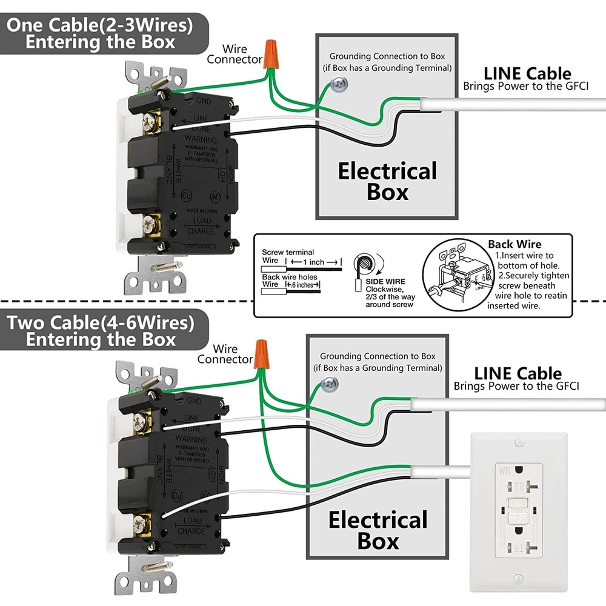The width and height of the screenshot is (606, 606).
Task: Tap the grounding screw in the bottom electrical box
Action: click(329, 382)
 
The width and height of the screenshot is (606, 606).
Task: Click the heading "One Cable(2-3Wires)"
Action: click(100, 25)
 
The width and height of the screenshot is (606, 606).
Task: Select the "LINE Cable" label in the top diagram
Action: click(526, 74)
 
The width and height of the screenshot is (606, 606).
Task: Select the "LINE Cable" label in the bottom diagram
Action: click(518, 373)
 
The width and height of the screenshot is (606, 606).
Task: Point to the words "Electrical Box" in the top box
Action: click(387, 181)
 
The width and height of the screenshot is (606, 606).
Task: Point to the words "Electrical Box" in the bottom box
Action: click(378, 530)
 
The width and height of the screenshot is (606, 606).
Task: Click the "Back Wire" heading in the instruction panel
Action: click(514, 244)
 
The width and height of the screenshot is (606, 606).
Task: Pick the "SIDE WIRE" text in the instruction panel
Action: click(385, 282)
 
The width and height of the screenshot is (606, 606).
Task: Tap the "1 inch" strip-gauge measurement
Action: click(313, 262)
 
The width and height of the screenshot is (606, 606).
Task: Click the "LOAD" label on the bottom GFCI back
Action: click(193, 521)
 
